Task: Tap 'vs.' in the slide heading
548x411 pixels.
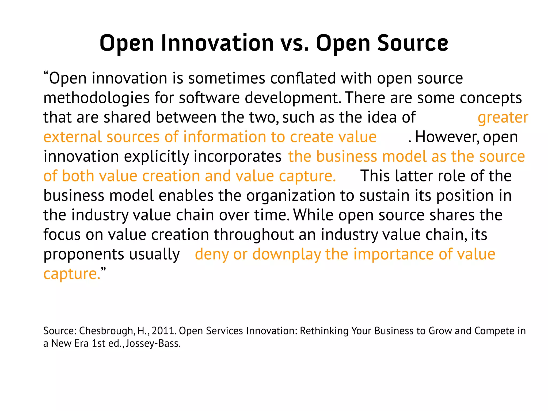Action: (x=295, y=43)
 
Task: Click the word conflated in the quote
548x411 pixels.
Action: (x=303, y=78)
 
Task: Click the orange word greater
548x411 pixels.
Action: (x=503, y=118)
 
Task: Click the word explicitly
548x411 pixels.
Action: (x=156, y=157)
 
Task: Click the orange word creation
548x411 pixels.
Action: (x=171, y=176)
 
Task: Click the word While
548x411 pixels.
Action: (x=313, y=215)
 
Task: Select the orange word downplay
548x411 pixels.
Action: (x=286, y=254)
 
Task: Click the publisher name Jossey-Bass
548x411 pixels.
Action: (x=153, y=344)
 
